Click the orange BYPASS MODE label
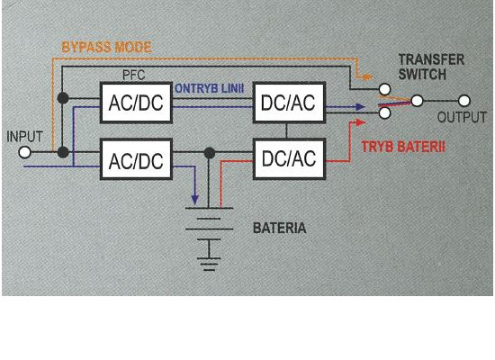click(x=107, y=48)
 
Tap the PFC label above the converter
click(x=134, y=76)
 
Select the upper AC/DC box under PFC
click(x=136, y=103)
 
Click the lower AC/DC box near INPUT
click(x=136, y=159)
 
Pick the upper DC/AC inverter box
click(x=289, y=103)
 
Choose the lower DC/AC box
click(x=289, y=158)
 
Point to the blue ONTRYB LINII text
click(x=210, y=88)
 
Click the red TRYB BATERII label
click(x=403, y=147)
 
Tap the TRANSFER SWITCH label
click(x=431, y=67)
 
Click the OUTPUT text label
click(x=462, y=117)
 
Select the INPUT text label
click(x=24, y=137)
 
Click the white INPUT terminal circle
click(x=24, y=152)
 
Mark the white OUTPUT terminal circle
click(x=464, y=101)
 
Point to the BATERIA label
click(x=280, y=228)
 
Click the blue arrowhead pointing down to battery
click(x=194, y=199)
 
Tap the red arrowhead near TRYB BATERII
click(x=361, y=122)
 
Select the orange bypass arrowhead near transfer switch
click(x=367, y=76)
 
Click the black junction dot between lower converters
click(x=210, y=153)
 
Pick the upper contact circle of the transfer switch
click(x=384, y=89)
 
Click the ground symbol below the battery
click(x=209, y=264)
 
